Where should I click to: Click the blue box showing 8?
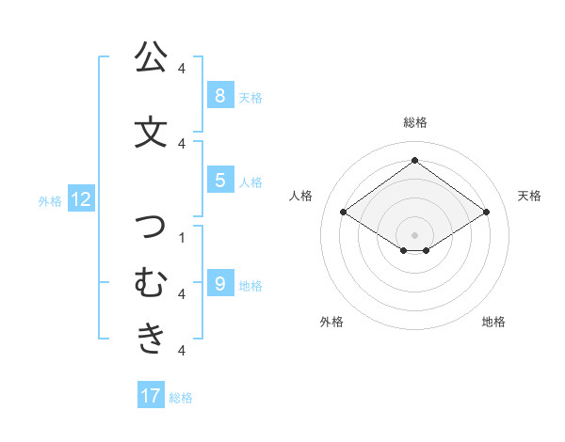point(219,95)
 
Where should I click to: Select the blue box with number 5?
point(219,180)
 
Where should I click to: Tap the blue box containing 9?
point(219,283)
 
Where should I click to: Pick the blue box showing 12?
point(81,198)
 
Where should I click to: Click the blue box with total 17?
point(151,396)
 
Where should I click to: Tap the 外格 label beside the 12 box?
point(50,200)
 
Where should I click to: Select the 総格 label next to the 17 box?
point(182,398)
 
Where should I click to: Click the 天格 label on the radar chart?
point(529,196)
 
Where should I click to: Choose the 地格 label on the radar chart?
point(493,322)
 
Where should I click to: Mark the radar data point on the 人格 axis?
point(343,213)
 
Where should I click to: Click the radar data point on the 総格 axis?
point(414,161)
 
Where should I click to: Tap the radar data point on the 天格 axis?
point(486,213)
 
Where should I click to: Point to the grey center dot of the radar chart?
point(414,234)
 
